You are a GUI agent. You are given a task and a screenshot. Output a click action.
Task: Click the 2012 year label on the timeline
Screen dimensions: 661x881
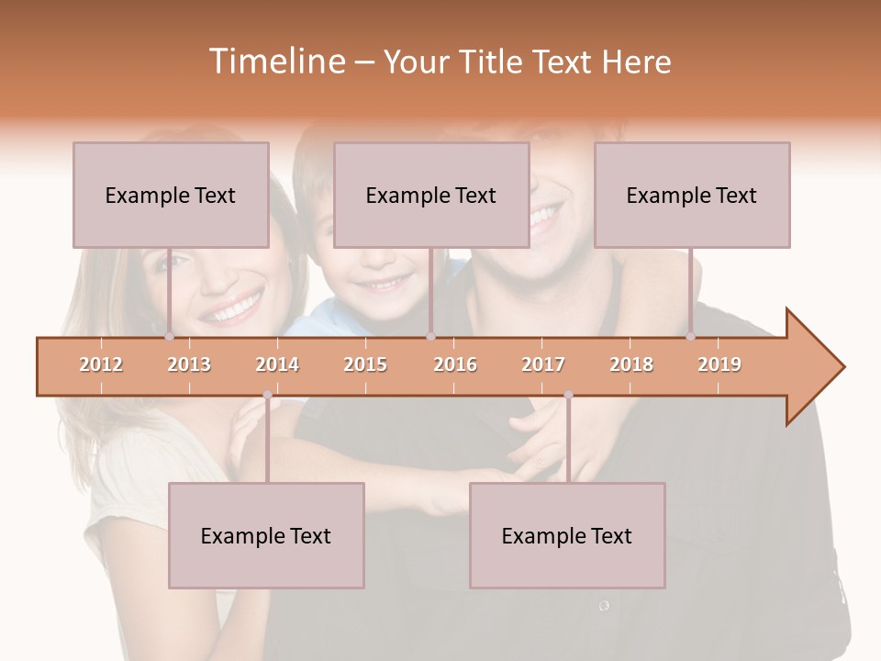point(101,364)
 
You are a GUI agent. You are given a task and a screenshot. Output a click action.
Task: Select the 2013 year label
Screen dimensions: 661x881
point(189,364)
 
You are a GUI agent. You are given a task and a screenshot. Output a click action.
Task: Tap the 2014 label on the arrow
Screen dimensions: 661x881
point(277,364)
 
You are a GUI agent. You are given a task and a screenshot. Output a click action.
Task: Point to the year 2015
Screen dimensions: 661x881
point(365,364)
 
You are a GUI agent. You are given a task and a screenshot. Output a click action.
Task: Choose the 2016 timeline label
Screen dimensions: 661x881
point(455,364)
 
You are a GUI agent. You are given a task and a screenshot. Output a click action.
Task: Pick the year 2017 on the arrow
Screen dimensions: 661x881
point(543,364)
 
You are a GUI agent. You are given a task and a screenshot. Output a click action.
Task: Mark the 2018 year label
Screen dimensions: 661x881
point(631,364)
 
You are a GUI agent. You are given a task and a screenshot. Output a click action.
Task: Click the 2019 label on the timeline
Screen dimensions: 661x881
point(719,364)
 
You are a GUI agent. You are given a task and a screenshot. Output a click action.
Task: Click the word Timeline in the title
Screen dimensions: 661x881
point(275,62)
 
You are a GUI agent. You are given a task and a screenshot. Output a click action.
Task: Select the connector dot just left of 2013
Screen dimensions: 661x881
point(170,337)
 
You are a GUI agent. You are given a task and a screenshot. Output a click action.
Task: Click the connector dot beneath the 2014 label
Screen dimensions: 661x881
point(267,395)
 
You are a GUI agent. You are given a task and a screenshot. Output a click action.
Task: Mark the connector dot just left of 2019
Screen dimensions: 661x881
point(691,337)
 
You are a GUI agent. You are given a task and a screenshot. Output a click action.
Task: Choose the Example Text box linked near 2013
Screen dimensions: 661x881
point(171,195)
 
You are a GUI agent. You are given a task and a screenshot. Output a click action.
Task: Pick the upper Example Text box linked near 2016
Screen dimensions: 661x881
point(431,195)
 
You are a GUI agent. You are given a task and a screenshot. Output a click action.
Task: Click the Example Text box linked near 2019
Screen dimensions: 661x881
point(692,195)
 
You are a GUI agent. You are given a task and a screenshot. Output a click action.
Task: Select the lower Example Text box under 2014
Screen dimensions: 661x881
point(266,535)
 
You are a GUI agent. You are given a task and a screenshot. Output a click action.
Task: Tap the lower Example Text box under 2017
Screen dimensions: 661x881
point(567,535)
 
